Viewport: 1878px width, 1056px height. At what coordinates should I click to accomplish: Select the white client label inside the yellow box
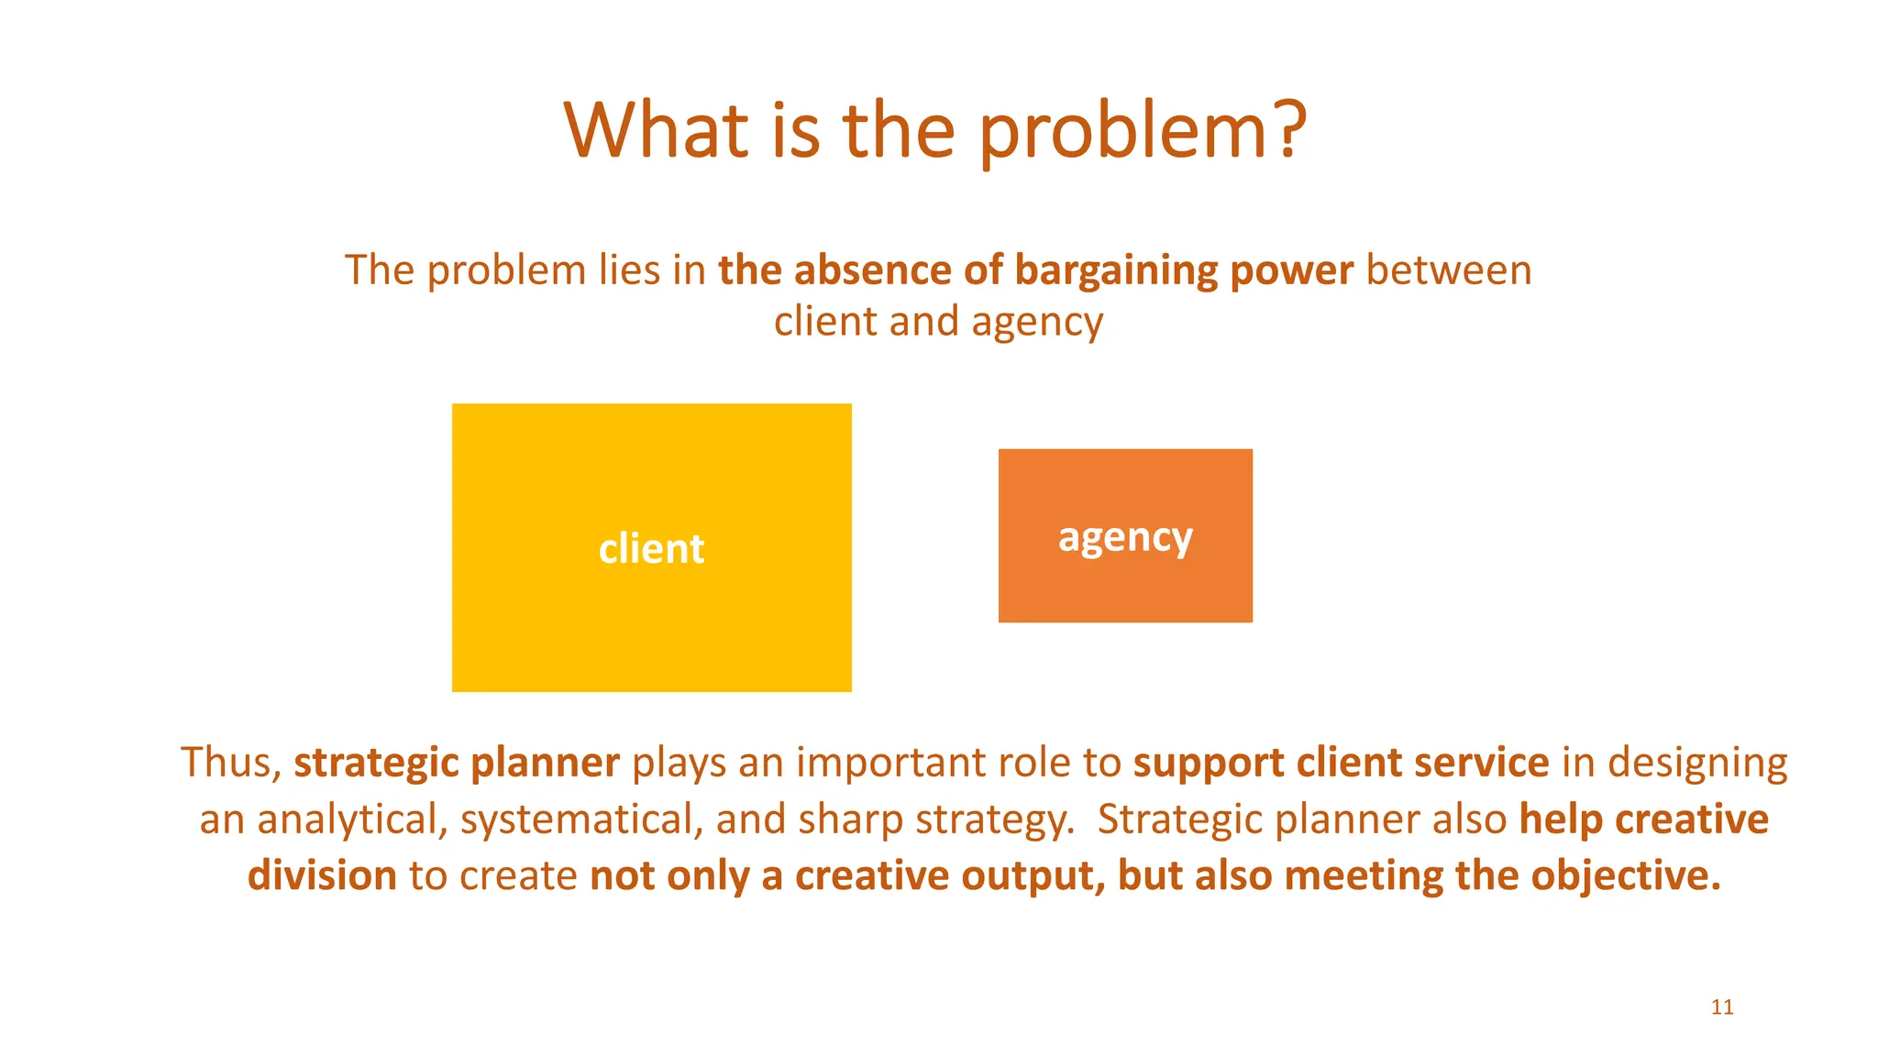click(651, 548)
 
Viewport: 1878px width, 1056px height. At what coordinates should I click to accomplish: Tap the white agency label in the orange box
click(1125, 537)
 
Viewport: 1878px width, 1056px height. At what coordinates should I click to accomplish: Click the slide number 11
click(1722, 1006)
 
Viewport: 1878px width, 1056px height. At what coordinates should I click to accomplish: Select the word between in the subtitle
click(1449, 270)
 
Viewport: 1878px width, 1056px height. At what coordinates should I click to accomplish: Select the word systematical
click(580, 819)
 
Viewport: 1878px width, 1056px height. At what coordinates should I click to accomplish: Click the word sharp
click(851, 819)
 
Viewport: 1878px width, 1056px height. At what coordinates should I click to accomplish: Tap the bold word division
click(322, 875)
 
